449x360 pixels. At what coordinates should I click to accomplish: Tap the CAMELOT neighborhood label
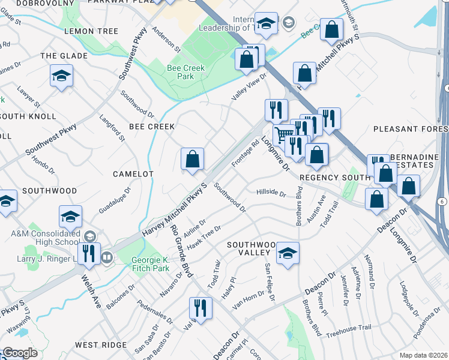tap(134, 173)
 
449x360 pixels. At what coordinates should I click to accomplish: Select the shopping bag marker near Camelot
tap(193, 160)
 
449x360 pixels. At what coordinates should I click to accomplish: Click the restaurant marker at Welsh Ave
tap(89, 254)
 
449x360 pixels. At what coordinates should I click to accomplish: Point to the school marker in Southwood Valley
tap(288, 253)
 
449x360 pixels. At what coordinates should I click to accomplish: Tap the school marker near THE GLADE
tap(61, 76)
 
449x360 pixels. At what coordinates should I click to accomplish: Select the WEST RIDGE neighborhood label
tap(101, 345)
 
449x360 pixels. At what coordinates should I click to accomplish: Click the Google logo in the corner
tap(20, 353)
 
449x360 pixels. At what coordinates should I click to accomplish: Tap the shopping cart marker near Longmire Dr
tap(284, 136)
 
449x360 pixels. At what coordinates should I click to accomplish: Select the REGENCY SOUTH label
tap(335, 178)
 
